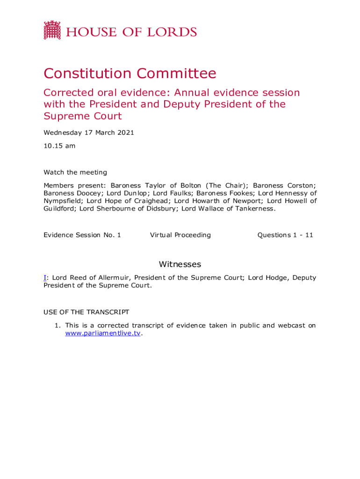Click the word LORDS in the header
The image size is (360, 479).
click(x=173, y=32)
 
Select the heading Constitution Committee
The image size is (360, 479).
click(x=130, y=73)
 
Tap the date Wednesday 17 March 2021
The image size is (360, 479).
click(x=89, y=132)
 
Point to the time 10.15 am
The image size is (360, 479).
click(x=59, y=145)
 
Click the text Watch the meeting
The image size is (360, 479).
click(x=75, y=172)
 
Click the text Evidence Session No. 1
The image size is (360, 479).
click(x=82, y=235)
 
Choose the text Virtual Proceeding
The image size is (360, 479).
click(x=180, y=235)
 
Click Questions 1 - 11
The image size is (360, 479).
click(x=285, y=235)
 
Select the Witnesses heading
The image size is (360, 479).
click(x=180, y=264)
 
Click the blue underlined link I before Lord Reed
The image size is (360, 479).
click(x=45, y=277)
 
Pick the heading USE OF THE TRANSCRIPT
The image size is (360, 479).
click(x=86, y=312)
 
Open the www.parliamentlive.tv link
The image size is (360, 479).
click(x=102, y=334)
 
